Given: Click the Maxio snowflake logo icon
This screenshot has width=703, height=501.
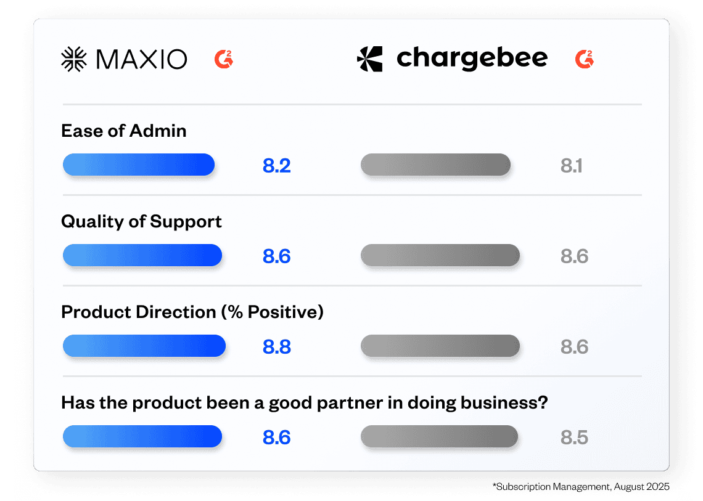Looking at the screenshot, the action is point(74,59).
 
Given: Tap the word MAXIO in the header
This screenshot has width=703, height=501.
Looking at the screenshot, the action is point(142,59).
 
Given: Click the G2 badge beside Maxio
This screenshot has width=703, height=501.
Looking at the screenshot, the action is point(224,59).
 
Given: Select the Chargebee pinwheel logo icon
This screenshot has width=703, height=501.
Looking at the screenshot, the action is point(370,59).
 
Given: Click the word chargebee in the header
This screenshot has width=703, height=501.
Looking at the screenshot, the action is point(472,59).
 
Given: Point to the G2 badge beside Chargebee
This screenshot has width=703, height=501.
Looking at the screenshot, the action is point(585,59).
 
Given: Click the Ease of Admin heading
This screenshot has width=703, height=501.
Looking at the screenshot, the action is point(124,131).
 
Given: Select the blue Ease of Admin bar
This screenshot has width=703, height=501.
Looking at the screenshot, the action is point(139,165).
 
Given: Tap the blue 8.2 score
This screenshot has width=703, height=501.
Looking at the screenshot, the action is point(277,166).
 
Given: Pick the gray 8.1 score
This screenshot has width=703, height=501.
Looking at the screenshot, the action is point(571,166).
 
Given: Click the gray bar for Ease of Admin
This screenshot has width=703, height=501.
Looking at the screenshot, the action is point(436,165).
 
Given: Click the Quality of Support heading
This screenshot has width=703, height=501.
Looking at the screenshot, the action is point(142,222).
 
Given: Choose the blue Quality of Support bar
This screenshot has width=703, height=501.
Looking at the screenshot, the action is point(142,255).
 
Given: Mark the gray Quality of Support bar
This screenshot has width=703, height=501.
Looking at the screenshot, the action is point(440,255).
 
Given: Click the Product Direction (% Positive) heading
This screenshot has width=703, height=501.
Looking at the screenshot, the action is point(192,312).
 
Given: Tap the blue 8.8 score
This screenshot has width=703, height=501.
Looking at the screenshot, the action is point(277,347).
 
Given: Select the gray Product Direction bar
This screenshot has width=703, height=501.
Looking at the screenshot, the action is point(440,346).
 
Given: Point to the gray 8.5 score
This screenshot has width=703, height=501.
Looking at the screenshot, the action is point(574,438).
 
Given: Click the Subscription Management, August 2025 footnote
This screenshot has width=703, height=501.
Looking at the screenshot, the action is point(581,487).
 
